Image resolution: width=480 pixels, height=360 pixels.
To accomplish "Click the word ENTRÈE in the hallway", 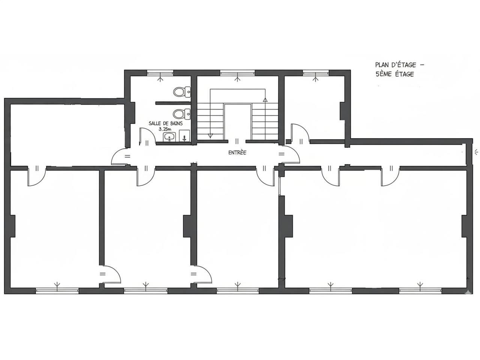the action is pos(237,153).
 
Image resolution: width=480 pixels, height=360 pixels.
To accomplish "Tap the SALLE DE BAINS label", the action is pos(165,123).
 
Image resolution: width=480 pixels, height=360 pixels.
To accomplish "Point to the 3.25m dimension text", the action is pos(165,129).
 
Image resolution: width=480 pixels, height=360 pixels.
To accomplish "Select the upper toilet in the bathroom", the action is pos(182,92).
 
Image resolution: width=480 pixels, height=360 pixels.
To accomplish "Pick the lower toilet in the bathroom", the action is pos(181,114).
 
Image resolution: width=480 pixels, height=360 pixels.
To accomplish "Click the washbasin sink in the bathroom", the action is pos(169,137).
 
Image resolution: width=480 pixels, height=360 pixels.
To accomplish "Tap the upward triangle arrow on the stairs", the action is pos(265,100).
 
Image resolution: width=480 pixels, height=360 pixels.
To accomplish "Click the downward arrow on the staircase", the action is pos(210,135).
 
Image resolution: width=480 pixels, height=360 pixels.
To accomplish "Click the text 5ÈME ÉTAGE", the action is pos(395,74).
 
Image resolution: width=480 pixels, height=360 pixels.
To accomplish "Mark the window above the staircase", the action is pos(237,73).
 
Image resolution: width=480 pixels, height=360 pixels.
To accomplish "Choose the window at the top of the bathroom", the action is pos(160,73).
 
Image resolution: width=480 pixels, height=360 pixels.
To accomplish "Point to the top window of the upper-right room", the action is pos(315,73).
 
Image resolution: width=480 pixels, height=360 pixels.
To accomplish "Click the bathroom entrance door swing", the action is pos(147,136).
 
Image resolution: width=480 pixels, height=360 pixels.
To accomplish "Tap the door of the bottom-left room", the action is pos(37,176).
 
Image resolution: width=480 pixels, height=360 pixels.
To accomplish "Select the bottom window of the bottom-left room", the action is pos(57,291).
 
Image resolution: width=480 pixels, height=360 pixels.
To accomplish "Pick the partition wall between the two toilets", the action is pos(173,103).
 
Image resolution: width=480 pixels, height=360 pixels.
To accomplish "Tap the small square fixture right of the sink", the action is pos(184,136).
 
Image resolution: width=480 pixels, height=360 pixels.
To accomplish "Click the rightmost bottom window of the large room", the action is pos(420,291).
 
